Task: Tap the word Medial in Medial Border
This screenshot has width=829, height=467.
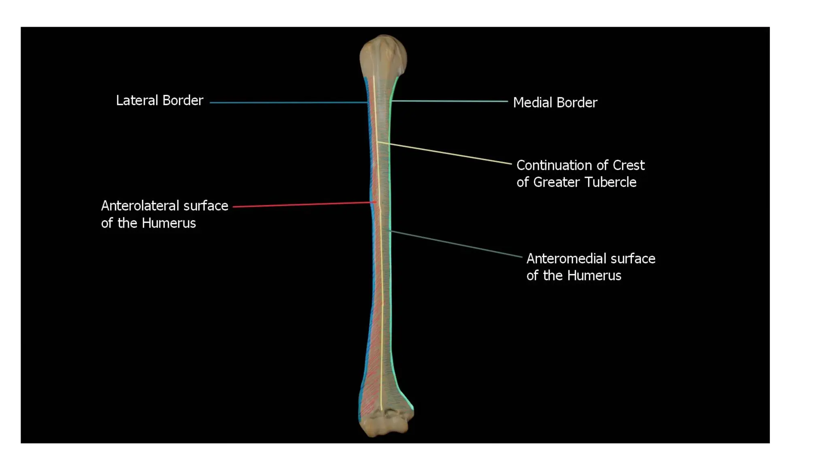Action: [x=531, y=103]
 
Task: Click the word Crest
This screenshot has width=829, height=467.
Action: [x=628, y=165]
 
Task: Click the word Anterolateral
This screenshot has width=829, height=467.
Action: [x=140, y=206]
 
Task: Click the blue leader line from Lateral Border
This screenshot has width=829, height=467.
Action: [x=287, y=103]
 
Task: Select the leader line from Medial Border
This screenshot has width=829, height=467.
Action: [x=449, y=101]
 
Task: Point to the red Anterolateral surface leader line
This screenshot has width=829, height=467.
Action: [x=304, y=204]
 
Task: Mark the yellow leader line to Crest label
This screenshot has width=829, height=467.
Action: [x=445, y=153]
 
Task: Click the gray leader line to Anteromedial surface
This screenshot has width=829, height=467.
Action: [x=457, y=244]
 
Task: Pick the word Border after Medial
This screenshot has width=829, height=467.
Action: [x=578, y=103]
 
